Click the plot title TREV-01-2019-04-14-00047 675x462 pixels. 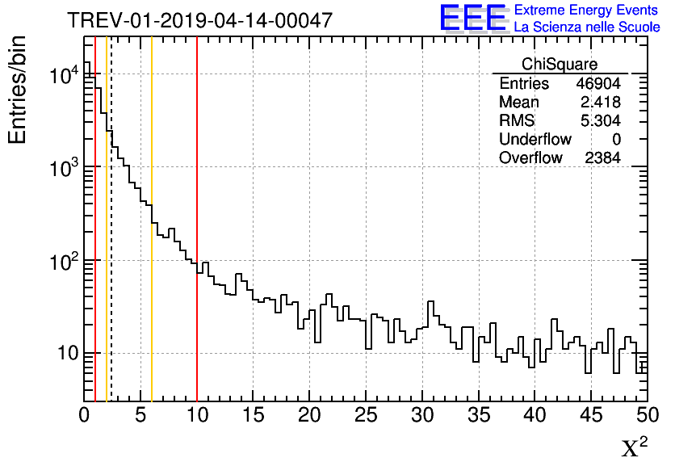coord(199,21)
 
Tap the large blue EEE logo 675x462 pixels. coord(472,18)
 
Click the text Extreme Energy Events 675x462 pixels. coord(586,10)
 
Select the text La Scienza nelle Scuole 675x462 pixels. coord(586,27)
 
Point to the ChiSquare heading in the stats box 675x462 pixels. coord(560,65)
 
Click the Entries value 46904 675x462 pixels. coord(597,84)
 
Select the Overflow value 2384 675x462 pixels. coord(602,158)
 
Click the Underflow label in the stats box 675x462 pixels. coord(535,140)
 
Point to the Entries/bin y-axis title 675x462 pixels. coord(18,90)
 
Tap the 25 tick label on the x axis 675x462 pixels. coord(366,417)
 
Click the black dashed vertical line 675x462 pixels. coord(111,242)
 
